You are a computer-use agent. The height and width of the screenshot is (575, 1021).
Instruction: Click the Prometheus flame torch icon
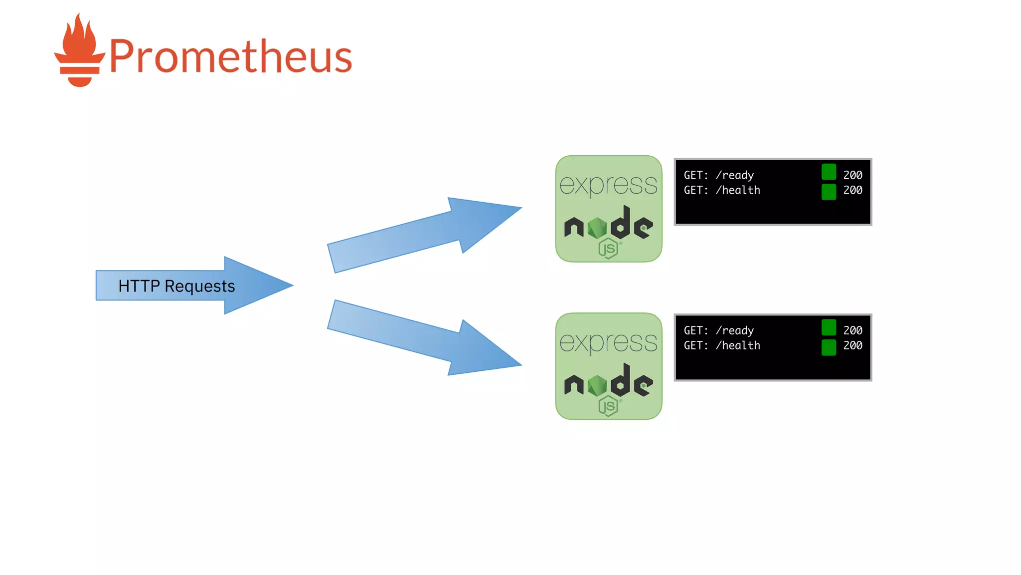pos(79,51)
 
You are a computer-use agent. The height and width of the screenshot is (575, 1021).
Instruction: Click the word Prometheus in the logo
pos(230,56)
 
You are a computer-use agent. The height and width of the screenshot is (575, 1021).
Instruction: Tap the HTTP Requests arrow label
pos(176,286)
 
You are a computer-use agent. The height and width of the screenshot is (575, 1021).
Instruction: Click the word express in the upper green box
pos(608,185)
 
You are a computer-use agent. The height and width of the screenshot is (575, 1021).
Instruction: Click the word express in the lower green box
pos(608,342)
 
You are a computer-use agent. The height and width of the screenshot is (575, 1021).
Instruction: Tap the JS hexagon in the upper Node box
pos(608,248)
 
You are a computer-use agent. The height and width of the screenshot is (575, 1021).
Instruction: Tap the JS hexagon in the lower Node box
pos(608,406)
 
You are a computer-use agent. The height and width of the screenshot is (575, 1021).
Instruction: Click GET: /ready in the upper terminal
pos(718,175)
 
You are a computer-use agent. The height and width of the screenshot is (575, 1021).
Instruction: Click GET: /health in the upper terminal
pos(721,190)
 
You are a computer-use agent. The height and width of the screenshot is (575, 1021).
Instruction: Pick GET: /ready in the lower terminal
pos(718,330)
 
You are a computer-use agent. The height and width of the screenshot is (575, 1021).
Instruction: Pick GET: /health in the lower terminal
pos(721,345)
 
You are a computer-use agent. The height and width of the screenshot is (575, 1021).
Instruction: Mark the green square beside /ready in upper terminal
pos(829,172)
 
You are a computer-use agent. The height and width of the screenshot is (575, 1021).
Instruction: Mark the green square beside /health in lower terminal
pos(829,347)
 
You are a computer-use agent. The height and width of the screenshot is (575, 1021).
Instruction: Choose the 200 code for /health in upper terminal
pos(852,190)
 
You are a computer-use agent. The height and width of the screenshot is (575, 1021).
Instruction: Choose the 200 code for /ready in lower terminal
pos(852,330)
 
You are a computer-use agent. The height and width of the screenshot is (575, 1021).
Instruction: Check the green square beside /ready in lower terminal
pos(829,327)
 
